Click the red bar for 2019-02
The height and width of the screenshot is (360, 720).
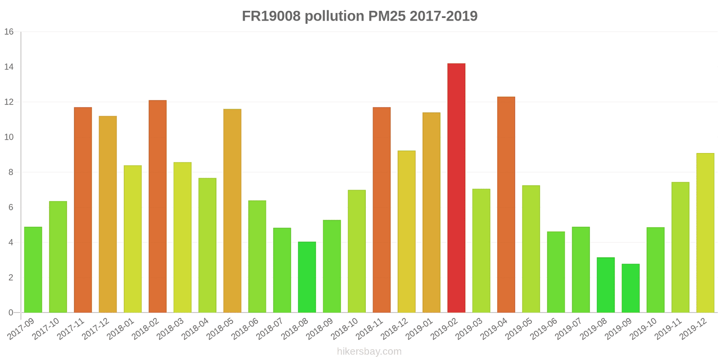click(456, 188)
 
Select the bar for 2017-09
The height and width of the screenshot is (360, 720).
click(33, 270)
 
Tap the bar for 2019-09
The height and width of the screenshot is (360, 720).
click(630, 288)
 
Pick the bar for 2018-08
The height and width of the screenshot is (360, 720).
click(307, 277)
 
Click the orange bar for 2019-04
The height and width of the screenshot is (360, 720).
click(506, 205)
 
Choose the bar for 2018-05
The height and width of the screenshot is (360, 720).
click(232, 211)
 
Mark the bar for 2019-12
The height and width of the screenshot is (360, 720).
click(705, 233)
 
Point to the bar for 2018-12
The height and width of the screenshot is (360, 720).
click(406, 231)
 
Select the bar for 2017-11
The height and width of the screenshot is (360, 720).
click(83, 210)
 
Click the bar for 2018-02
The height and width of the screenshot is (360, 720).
click(157, 206)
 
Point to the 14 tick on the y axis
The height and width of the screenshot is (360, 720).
click(9, 67)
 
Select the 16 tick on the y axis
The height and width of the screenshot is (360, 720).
click(9, 32)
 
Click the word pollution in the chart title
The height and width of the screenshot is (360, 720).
click(334, 16)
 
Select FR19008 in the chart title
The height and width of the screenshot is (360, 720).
click(271, 16)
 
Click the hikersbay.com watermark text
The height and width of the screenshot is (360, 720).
click(369, 351)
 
